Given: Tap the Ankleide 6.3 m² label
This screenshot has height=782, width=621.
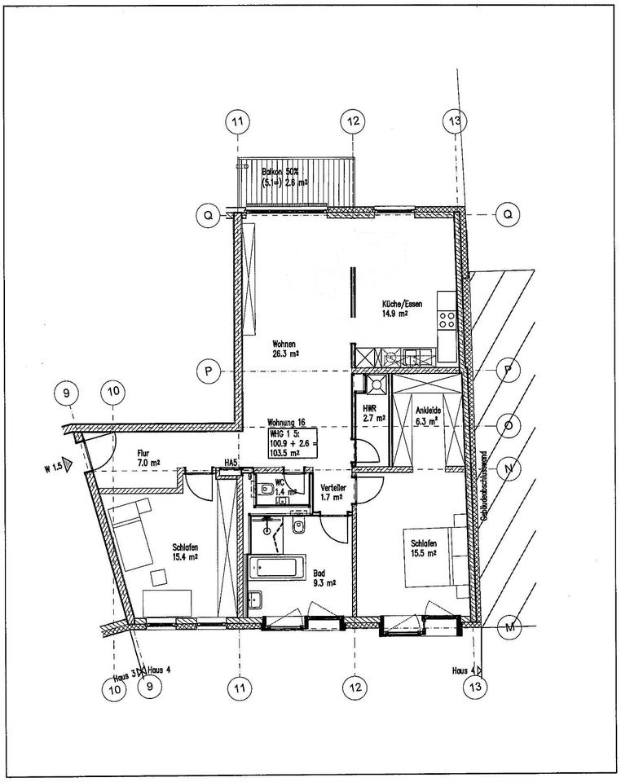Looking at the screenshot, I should pos(426,416).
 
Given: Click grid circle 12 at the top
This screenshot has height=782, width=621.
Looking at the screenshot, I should pos(352,122).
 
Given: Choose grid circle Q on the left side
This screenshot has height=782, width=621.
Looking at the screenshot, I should pos(209,214).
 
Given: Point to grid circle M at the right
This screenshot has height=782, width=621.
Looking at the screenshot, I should pos(511,626).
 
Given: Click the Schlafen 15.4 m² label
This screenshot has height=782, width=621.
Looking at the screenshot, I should pos(187,552).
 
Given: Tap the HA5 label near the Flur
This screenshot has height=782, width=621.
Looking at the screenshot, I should pos(231,463).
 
